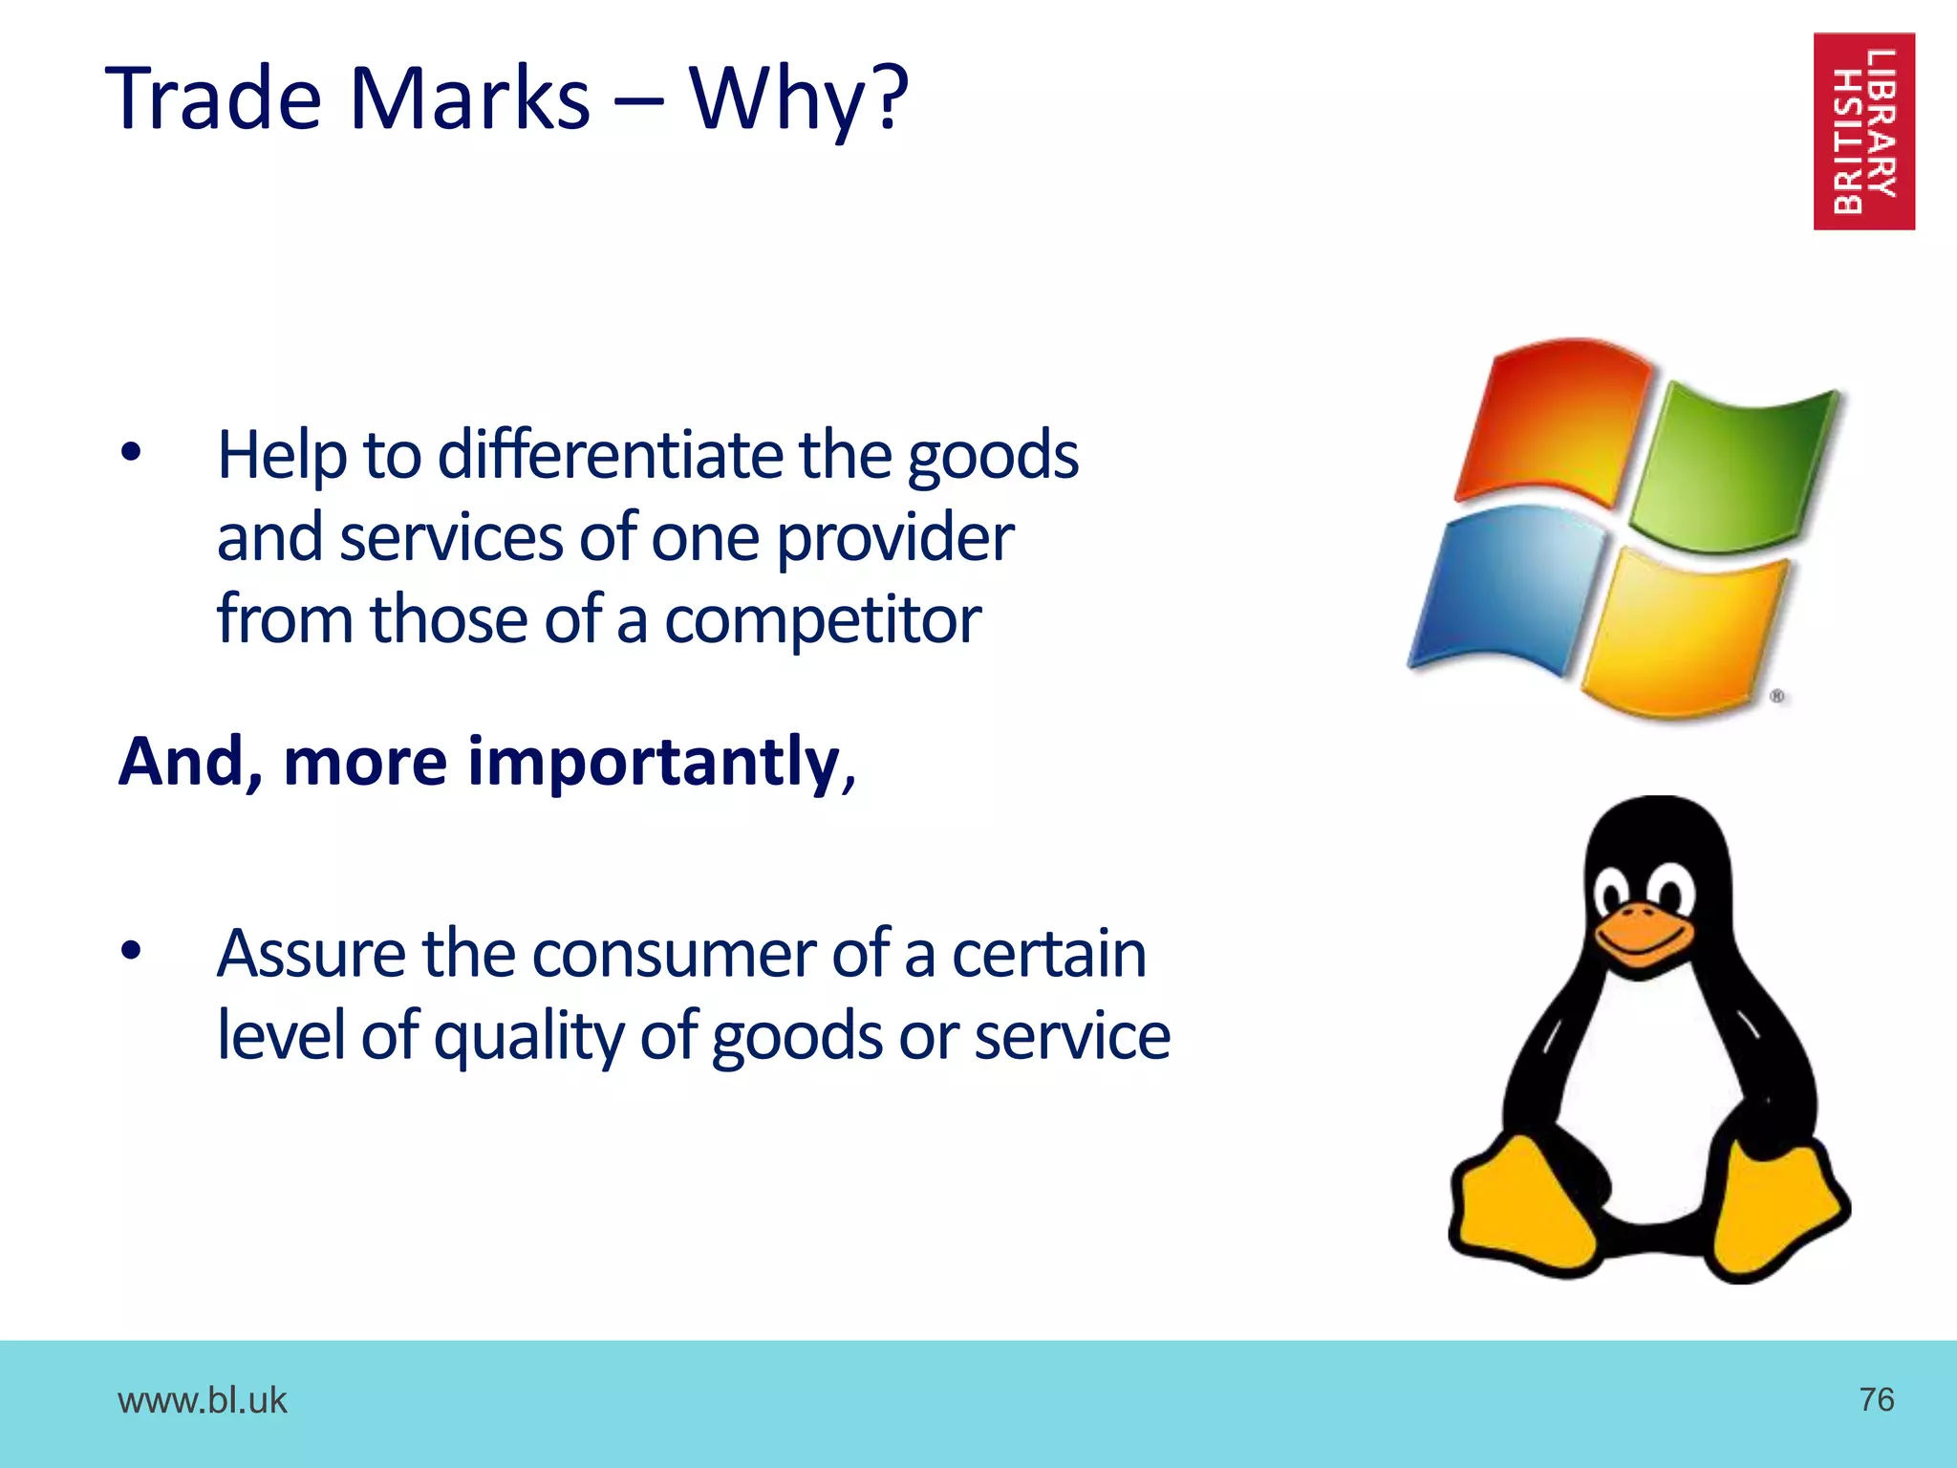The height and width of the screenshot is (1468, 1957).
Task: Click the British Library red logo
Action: [1863, 131]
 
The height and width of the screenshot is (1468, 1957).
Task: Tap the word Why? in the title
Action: [798, 98]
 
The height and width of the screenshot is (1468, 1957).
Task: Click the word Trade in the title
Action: [214, 98]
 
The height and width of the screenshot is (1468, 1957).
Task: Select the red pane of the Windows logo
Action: [1553, 421]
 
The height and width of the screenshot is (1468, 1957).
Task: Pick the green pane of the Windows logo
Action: [1734, 468]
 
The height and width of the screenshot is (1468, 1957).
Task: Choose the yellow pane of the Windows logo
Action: [1687, 636]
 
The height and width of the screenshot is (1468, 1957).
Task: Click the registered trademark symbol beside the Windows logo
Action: [1777, 696]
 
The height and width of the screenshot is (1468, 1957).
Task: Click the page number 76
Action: [1877, 1399]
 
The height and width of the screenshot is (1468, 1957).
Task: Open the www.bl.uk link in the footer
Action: [202, 1400]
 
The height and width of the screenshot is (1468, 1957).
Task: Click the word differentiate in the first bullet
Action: [612, 455]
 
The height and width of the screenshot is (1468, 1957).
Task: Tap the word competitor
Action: [822, 620]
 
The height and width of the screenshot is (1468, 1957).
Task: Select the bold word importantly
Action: [654, 762]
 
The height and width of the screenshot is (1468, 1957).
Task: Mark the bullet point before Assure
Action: [131, 951]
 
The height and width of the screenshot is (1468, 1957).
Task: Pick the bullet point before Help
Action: [131, 453]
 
